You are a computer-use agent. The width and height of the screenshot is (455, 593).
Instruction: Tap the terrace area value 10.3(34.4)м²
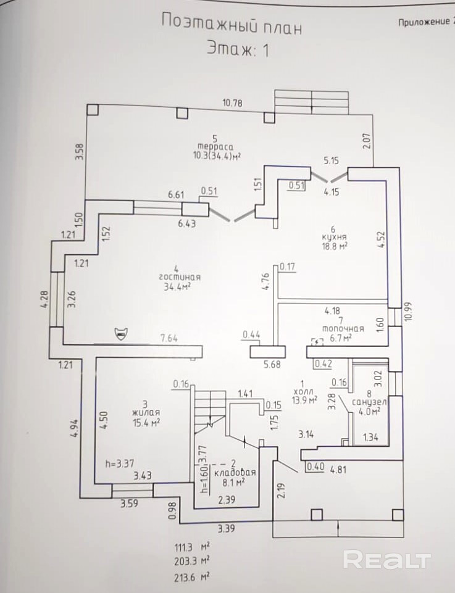[x=217, y=156]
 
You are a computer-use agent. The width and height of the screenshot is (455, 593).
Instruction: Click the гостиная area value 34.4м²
[x=177, y=286]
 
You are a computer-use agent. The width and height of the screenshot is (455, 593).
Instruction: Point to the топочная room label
[x=343, y=329]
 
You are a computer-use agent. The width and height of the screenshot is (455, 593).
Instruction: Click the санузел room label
[x=369, y=402]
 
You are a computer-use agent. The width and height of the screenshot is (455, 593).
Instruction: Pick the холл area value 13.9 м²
[x=304, y=399]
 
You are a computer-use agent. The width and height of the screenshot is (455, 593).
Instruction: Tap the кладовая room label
[x=235, y=472]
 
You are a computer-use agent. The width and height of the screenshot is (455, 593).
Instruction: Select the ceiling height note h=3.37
[x=120, y=463]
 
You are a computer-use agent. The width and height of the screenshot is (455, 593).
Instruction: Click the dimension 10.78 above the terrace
[x=232, y=102]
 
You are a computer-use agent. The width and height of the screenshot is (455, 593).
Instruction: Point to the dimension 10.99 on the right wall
[x=407, y=311]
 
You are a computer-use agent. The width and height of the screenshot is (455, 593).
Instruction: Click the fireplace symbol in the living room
[x=121, y=334]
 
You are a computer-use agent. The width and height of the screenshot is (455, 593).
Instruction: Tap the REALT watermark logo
[x=387, y=559]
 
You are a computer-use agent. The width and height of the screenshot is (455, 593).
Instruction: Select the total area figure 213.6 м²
[x=192, y=577]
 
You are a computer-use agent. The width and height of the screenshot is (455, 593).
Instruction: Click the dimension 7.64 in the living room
[x=169, y=338]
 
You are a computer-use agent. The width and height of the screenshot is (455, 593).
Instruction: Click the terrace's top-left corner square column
[x=93, y=110]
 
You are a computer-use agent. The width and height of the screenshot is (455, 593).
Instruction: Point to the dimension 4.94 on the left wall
[x=75, y=428]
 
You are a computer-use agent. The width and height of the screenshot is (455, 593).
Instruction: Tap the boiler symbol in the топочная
[x=317, y=342]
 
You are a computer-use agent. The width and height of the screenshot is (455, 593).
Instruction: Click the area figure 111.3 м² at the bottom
[x=192, y=547]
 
